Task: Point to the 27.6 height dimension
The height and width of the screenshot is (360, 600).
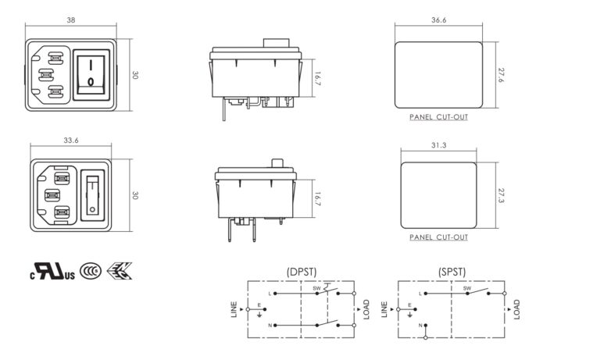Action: (501, 75)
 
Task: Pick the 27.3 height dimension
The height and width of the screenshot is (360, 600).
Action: (501, 195)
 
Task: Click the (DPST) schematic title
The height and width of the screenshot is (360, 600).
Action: (302, 272)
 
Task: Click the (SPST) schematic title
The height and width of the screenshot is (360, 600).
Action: (452, 272)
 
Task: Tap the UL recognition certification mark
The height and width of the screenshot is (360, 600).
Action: (53, 272)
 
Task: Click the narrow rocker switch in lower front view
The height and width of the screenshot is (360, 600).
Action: (93, 195)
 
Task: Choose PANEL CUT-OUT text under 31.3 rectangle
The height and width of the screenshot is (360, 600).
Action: (438, 237)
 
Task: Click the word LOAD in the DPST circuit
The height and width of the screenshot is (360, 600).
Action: (366, 309)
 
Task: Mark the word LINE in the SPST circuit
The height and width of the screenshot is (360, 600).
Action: (384, 309)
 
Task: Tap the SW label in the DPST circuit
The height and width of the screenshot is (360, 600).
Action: (317, 288)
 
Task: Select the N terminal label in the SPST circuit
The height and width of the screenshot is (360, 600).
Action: (420, 324)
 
